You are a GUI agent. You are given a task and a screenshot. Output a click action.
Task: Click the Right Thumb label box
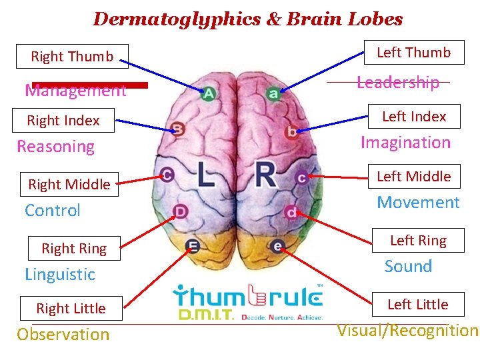pyautogui.click(x=73, y=57)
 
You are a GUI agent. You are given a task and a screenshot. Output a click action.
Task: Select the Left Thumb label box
pyautogui.click(x=413, y=53)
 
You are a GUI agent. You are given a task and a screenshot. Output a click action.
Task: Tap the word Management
pyautogui.click(x=75, y=91)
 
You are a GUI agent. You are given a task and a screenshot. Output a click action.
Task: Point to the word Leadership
pyautogui.click(x=398, y=83)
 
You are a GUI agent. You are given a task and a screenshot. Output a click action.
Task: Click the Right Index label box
pyautogui.click(x=63, y=121)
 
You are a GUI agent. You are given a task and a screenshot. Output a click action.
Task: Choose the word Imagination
pyautogui.click(x=405, y=143)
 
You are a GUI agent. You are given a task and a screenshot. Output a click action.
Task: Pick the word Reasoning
pyautogui.click(x=56, y=147)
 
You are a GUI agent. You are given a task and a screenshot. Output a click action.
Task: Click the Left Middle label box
pyautogui.click(x=413, y=177)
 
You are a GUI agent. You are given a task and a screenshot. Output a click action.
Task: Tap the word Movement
pyautogui.click(x=418, y=203)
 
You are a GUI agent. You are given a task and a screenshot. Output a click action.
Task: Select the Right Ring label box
pyautogui.click(x=74, y=249)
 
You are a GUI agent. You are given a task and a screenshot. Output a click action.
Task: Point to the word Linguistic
pyautogui.click(x=60, y=275)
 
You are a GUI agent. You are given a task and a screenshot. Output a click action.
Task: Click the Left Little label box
pyautogui.click(x=417, y=305)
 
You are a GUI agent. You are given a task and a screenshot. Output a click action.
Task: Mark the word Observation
pyautogui.click(x=63, y=335)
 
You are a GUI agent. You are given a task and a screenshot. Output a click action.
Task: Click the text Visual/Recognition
pyautogui.click(x=407, y=331)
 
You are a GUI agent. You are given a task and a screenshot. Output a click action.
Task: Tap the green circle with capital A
pyautogui.click(x=209, y=94)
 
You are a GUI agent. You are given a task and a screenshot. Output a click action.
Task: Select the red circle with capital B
pyautogui.click(x=177, y=129)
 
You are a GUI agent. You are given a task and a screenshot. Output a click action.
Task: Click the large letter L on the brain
pyautogui.click(x=205, y=175)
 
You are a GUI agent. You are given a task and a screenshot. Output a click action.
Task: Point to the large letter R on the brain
pyautogui.click(x=265, y=175)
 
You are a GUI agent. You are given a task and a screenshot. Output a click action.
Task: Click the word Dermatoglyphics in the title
pyautogui.click(x=176, y=19)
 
